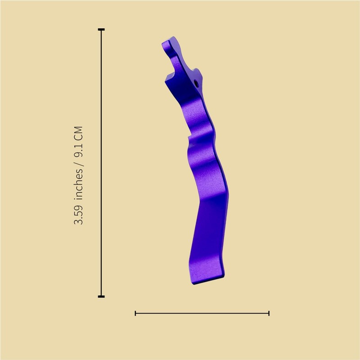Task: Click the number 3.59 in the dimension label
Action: (x=78, y=215)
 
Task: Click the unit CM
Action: (x=78, y=134)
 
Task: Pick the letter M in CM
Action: (x=78, y=130)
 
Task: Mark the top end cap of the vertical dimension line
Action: (x=101, y=30)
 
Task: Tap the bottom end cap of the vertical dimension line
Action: (x=101, y=297)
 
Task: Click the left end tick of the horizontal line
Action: (x=135, y=313)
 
